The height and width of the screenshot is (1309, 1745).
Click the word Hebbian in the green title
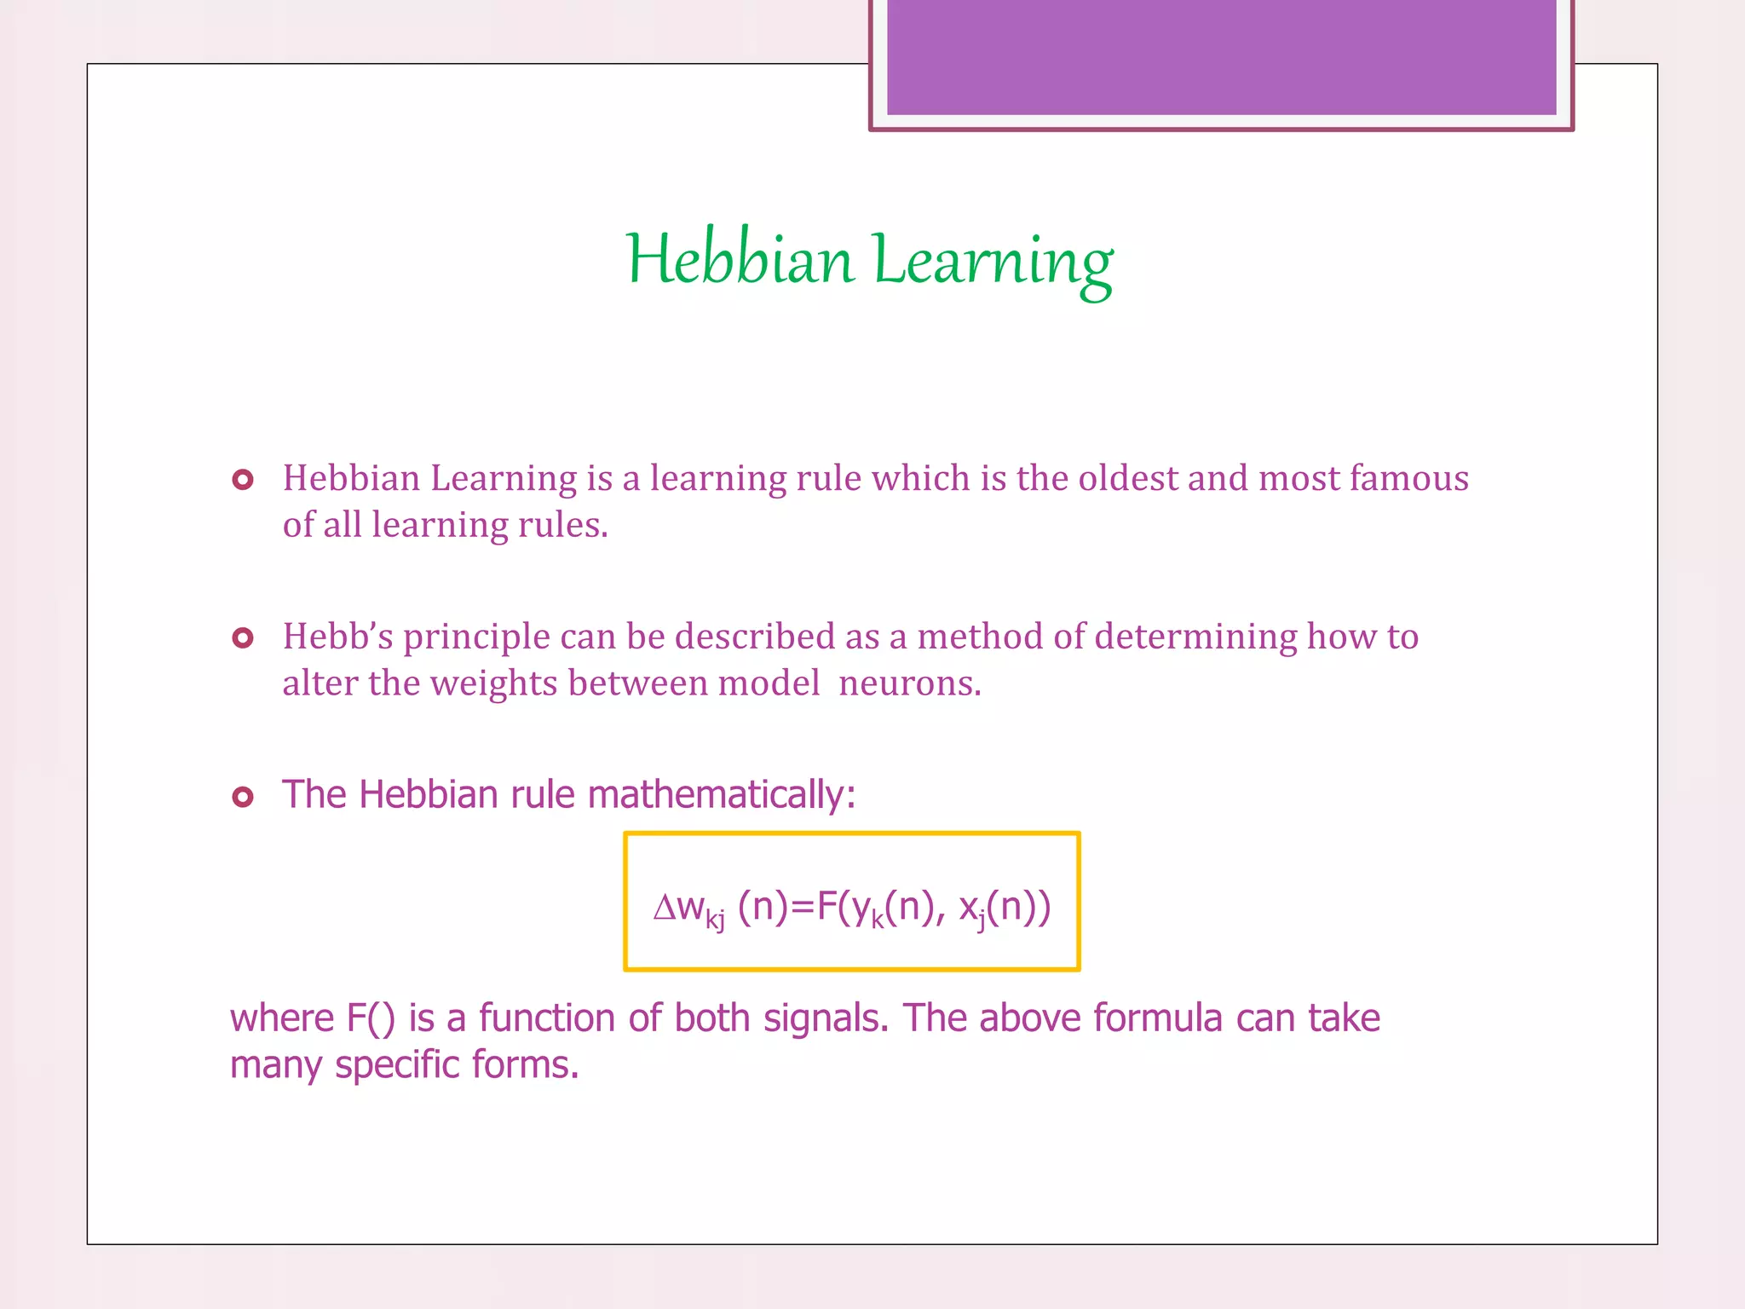pyautogui.click(x=740, y=259)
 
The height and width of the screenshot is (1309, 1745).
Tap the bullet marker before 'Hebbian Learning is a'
pyautogui.click(x=243, y=480)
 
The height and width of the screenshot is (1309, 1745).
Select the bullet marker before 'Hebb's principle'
pyautogui.click(x=243, y=637)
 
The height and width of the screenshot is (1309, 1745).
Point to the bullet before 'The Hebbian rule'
pyautogui.click(x=243, y=797)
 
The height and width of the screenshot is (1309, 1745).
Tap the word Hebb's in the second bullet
pyautogui.click(x=337, y=637)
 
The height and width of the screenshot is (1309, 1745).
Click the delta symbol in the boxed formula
pyautogui.click(x=664, y=908)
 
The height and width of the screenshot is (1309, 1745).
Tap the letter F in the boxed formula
pyautogui.click(x=826, y=907)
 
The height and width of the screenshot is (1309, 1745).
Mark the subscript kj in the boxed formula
pyautogui.click(x=715, y=920)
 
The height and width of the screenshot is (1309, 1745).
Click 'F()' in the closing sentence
pyautogui.click(x=371, y=1019)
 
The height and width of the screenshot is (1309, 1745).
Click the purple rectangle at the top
pyautogui.click(x=1221, y=57)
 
